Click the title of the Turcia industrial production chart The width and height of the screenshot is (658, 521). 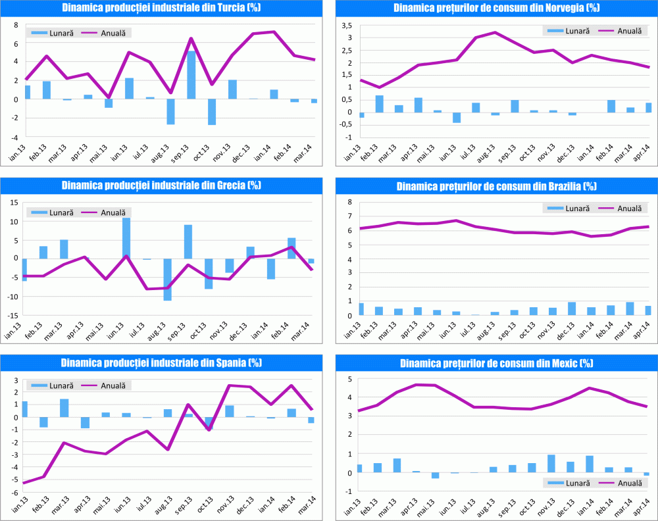[161, 8]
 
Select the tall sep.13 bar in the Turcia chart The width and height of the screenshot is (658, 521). [191, 74]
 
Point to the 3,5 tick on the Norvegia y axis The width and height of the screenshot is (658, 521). [345, 25]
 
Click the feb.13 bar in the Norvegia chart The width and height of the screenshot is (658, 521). [380, 104]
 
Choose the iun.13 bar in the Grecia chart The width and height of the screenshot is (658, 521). [126, 238]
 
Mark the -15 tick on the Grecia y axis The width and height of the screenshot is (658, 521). [13, 316]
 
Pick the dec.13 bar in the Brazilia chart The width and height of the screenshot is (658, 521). [572, 309]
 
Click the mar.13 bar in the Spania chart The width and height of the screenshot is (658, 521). [64, 408]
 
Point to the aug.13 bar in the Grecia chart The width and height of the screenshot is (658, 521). [168, 280]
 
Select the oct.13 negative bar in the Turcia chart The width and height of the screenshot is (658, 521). [212, 112]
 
